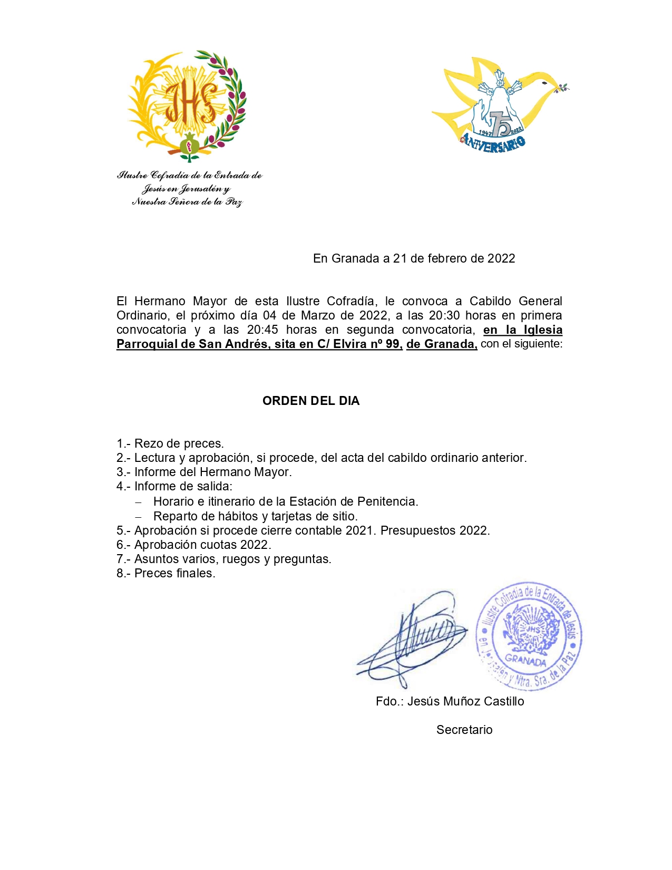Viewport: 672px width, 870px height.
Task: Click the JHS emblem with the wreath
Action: coord(187,105)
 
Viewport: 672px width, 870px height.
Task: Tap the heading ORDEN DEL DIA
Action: coord(311,401)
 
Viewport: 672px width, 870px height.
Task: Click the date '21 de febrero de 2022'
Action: coord(454,258)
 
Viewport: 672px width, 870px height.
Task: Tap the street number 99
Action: coord(393,344)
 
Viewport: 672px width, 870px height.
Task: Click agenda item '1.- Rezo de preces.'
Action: coord(170,443)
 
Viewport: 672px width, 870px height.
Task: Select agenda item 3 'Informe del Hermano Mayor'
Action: coord(212,472)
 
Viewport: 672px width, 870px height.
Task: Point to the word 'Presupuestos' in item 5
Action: coord(417,530)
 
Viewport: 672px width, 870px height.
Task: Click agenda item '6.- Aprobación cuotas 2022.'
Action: coord(194,545)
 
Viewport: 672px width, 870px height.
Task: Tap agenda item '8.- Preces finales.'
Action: coord(166,573)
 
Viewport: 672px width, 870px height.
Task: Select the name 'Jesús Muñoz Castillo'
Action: coord(465,701)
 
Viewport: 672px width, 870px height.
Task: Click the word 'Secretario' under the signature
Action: coord(464,730)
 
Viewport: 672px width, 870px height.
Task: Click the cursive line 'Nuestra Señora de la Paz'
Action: coord(187,201)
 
